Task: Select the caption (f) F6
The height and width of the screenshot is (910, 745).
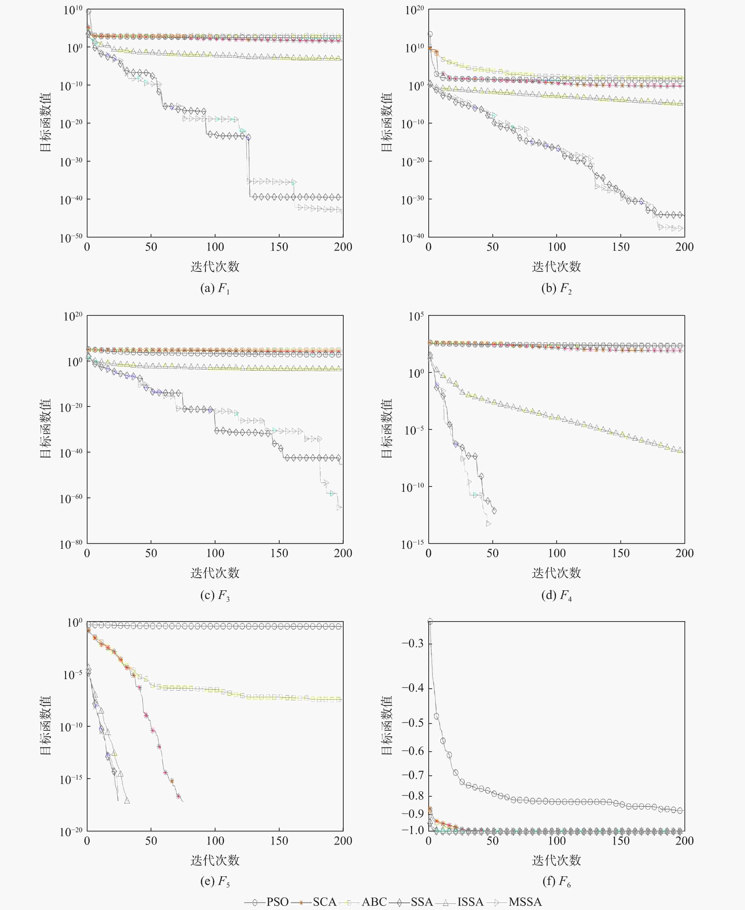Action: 557,881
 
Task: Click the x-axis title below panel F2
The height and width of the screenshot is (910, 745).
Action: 557,267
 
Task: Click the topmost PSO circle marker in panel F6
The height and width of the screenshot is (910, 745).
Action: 429,621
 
